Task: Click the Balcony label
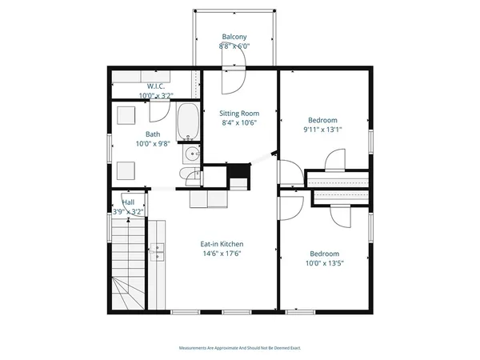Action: (234, 37)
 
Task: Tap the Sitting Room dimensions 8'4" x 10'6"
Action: (239, 123)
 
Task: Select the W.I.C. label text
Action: (155, 86)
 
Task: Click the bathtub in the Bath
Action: (188, 122)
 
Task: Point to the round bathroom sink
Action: (191, 155)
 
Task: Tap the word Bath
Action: (152, 134)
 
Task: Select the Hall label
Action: (128, 202)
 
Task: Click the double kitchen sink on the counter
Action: (157, 253)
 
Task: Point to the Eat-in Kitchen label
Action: (221, 244)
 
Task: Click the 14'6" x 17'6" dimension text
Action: (221, 254)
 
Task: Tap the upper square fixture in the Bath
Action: (126, 114)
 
